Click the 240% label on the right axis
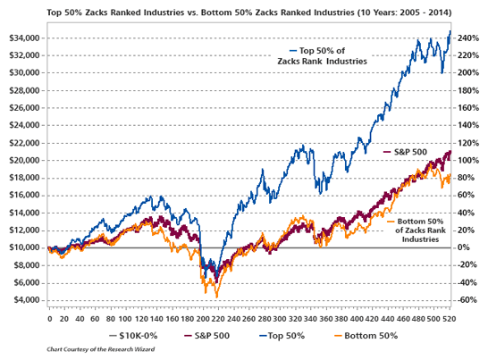click(463, 38)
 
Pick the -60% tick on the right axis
click(463, 299)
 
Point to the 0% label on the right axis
click(459, 247)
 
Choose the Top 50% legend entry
click(283, 335)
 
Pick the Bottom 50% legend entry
click(367, 335)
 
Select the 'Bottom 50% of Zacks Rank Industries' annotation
click(418, 230)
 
